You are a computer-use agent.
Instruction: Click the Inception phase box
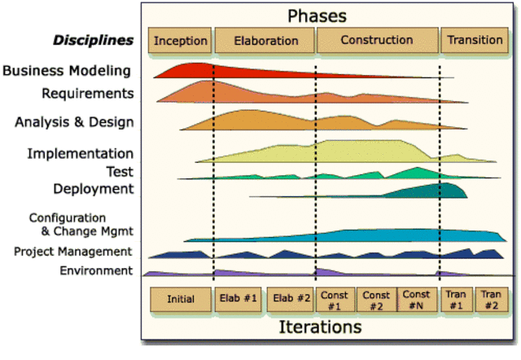180,40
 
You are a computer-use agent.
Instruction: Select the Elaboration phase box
265,40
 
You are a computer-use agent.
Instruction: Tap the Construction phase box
377,40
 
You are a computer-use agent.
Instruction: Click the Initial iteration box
180,299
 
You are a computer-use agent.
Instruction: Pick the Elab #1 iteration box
239,299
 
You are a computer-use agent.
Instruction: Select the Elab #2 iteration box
290,299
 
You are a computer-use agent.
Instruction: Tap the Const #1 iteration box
335,299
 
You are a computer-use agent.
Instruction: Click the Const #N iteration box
416,299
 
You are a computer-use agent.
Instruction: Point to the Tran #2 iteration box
489,299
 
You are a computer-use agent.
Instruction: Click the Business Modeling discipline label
67,70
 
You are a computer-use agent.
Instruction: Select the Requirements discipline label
87,93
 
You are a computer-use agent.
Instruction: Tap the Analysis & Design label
74,122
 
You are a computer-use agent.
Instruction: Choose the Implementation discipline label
80,153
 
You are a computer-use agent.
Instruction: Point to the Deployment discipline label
93,189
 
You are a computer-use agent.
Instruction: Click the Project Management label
72,252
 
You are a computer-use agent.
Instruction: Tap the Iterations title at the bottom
320,327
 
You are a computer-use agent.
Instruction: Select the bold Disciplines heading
93,40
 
